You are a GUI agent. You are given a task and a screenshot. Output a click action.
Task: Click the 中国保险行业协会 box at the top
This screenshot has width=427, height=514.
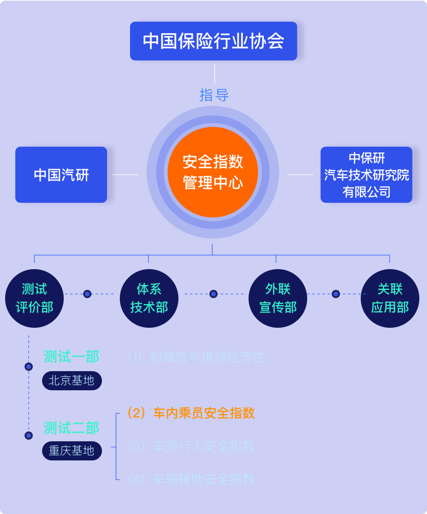click(x=213, y=41)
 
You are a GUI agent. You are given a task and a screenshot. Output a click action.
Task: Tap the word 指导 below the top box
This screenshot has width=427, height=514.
click(x=214, y=95)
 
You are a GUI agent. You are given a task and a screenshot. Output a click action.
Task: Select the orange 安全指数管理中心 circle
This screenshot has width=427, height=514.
click(x=213, y=173)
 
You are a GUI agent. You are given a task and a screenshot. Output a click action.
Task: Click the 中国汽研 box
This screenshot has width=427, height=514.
click(x=61, y=175)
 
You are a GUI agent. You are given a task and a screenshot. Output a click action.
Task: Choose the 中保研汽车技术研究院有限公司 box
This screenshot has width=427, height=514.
click(x=366, y=175)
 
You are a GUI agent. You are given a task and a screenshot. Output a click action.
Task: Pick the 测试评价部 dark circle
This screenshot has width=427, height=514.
click(x=34, y=298)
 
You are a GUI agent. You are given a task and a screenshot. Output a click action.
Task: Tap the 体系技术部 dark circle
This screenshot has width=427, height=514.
click(x=149, y=298)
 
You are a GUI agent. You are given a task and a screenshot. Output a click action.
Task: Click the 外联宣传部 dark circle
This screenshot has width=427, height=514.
click(x=278, y=298)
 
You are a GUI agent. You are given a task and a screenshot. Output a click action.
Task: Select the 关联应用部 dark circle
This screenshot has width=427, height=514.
click(x=390, y=298)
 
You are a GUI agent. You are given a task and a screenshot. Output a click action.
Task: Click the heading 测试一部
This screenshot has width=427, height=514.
click(x=71, y=357)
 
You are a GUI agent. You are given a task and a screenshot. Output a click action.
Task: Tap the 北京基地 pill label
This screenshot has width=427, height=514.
click(x=72, y=380)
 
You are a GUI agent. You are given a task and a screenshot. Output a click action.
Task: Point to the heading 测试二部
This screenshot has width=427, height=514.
click(x=71, y=428)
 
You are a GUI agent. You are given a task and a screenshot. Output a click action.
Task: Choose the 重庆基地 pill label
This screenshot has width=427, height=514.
click(x=72, y=451)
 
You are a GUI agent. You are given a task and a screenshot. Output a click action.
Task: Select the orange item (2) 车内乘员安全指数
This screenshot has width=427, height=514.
click(x=191, y=413)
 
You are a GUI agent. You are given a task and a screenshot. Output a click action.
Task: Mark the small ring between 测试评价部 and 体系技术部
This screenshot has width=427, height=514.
click(x=88, y=294)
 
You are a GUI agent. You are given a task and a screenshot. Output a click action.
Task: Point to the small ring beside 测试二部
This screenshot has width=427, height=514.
click(x=29, y=435)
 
